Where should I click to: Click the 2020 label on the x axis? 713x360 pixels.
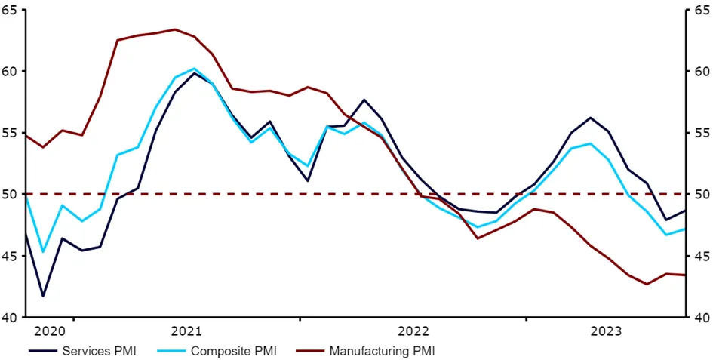[50, 331]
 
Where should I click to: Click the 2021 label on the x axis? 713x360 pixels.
[186, 331]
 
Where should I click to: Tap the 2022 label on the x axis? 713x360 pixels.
[413, 331]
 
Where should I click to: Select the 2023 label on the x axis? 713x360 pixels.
[606, 331]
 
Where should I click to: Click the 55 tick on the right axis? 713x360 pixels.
[700, 133]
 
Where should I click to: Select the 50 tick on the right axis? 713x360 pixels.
[700, 195]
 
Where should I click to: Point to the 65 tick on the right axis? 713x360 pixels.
[700, 10]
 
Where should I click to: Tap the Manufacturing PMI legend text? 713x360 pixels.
[382, 351]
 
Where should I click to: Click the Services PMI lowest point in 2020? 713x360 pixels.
[43, 296]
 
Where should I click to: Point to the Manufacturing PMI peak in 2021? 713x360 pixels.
[175, 29]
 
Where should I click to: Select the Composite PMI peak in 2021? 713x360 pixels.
[194, 69]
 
